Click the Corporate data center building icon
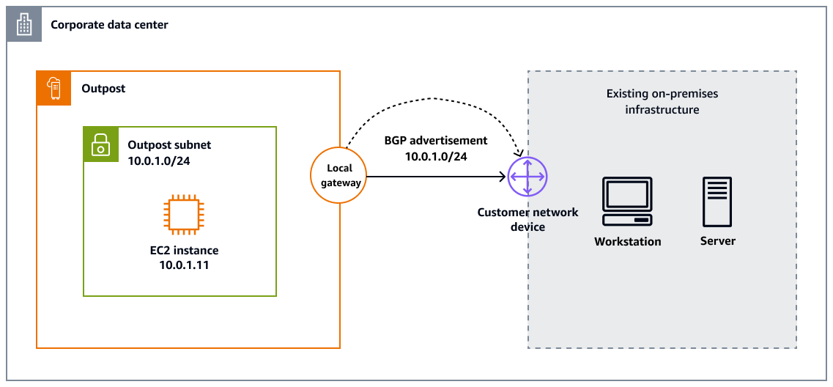(24, 25)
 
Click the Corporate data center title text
(109, 25)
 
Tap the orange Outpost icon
(53, 88)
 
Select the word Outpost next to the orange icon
(103, 89)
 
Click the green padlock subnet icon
(100, 144)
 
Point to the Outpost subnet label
(169, 145)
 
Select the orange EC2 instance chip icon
(180, 215)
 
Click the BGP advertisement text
(435, 141)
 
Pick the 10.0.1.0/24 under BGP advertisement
(435, 156)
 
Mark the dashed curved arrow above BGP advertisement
(434, 97)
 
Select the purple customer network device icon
(527, 177)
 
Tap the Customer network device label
(527, 219)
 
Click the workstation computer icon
(627, 202)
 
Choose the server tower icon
(717, 202)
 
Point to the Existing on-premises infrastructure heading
(662, 102)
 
